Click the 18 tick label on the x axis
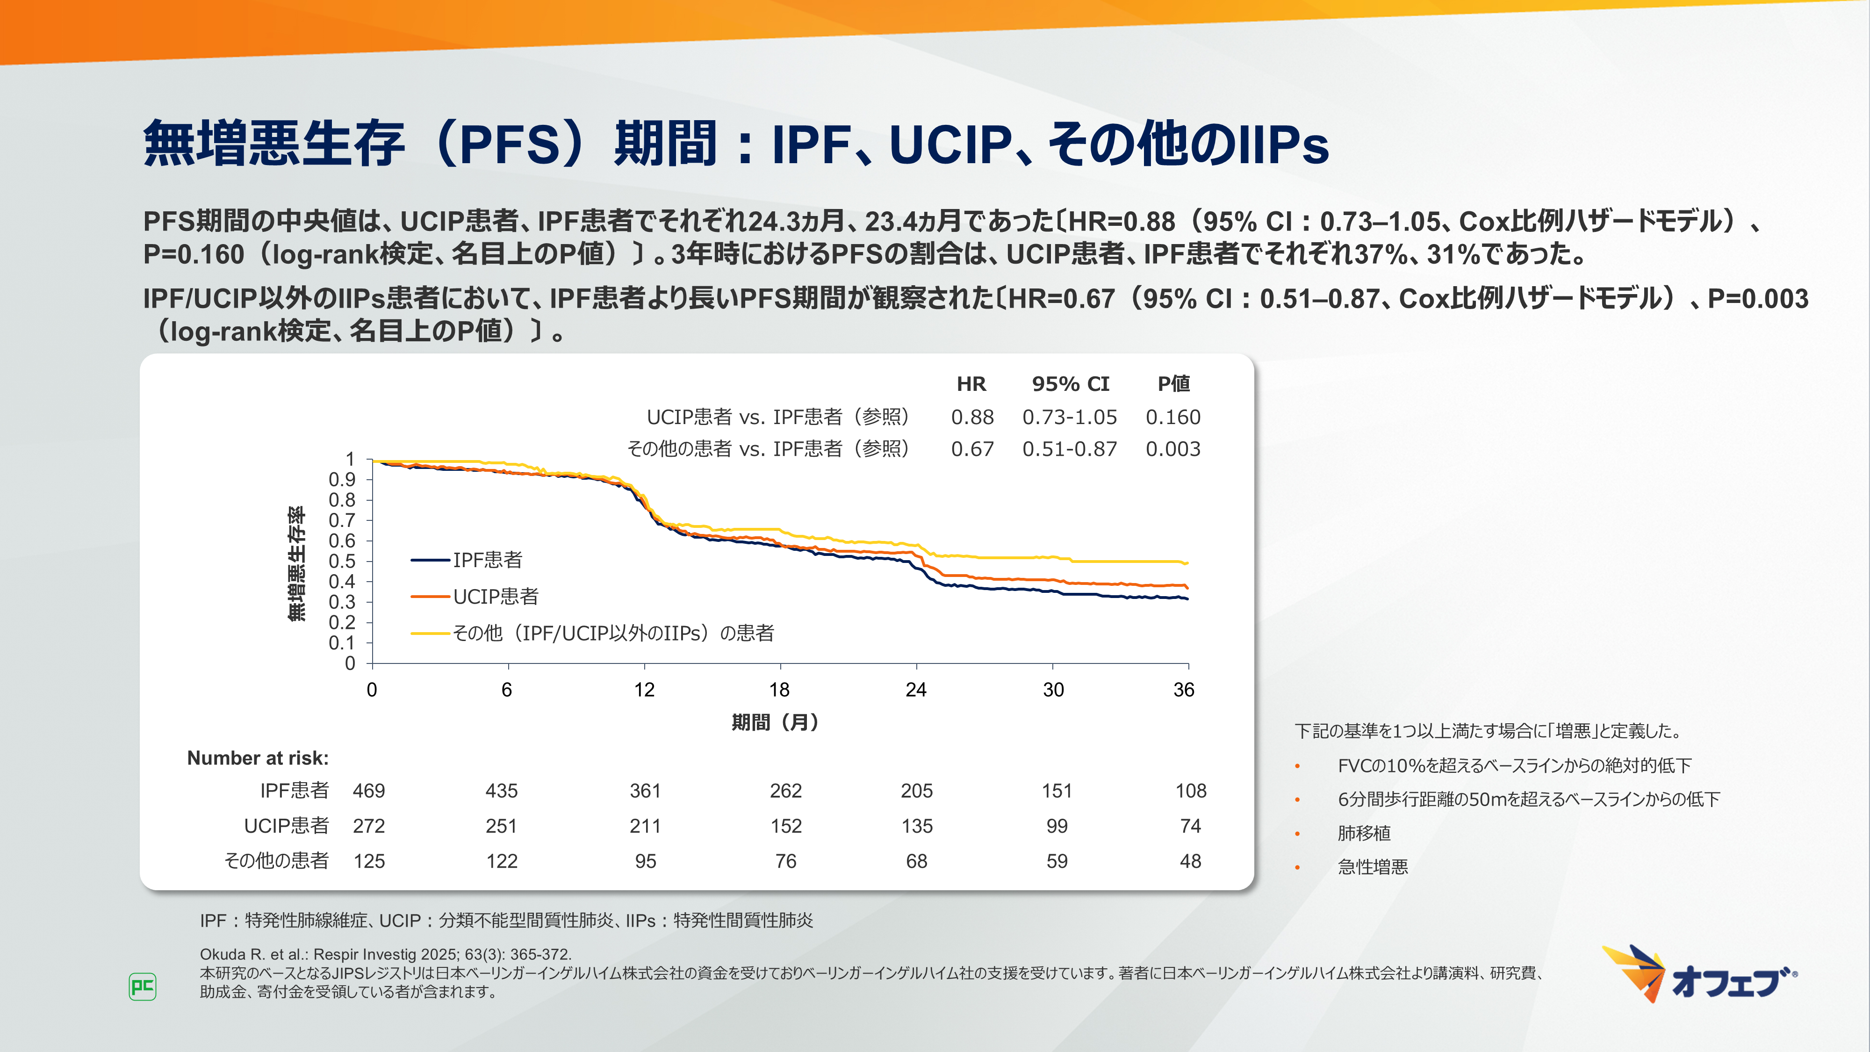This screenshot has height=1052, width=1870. coord(780,690)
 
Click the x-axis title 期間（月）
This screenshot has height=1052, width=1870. coord(775,722)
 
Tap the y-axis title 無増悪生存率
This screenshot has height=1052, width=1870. coord(297,563)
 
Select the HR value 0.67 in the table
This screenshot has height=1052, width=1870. coord(972,449)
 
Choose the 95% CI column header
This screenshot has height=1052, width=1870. coord(1071,384)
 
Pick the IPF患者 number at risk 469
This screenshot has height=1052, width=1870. coord(369,791)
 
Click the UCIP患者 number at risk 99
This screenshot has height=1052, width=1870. coord(1057,826)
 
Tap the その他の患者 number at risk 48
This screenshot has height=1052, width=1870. coord(1191,861)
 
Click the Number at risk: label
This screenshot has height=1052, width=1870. coord(258,758)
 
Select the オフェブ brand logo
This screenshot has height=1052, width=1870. coord(1699,975)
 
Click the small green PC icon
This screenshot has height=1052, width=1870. coord(142,987)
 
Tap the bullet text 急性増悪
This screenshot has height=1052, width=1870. coord(1373,867)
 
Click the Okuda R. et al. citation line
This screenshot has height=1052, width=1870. coord(386,954)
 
